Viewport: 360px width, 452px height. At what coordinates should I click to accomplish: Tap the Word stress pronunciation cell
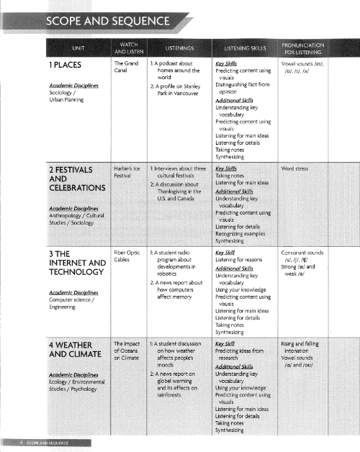tap(296, 168)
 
